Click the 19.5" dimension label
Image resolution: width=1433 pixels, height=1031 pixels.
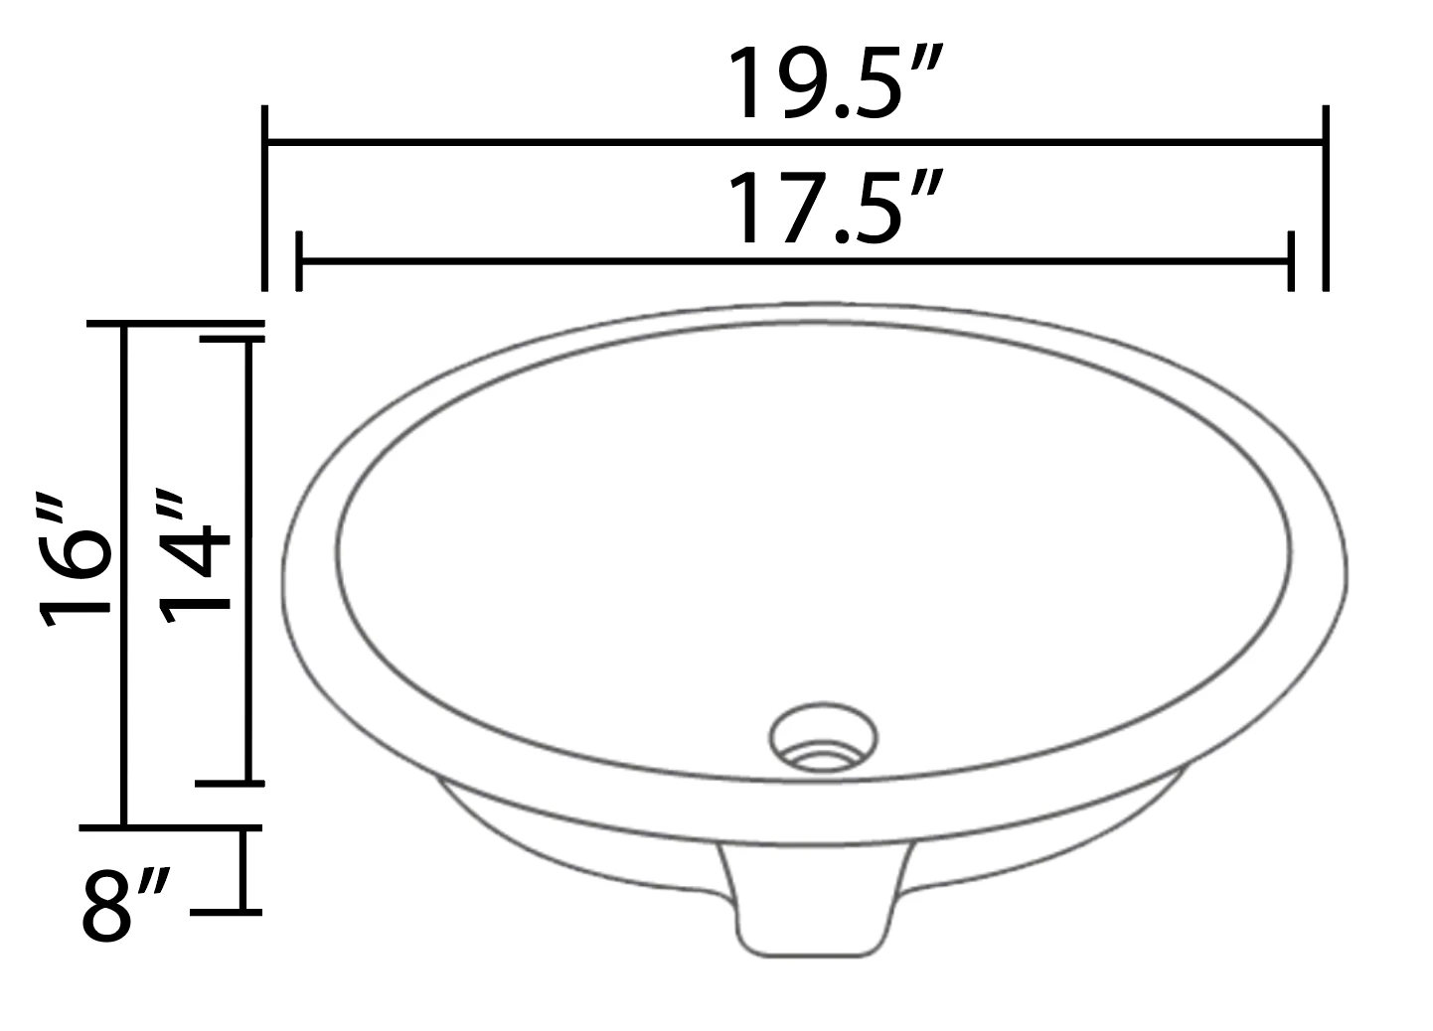tap(833, 85)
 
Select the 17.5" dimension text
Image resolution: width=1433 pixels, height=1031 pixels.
tap(833, 210)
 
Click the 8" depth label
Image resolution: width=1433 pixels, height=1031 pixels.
tap(124, 905)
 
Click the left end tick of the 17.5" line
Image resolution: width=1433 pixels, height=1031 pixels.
tap(299, 261)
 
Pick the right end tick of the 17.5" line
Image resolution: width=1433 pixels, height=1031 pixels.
tap(1290, 261)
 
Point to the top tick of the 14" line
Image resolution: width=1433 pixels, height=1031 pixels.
tap(231, 339)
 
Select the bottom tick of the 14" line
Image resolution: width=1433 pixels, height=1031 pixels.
tap(231, 783)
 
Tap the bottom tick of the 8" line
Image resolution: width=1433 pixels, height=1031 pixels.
tap(227, 910)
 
